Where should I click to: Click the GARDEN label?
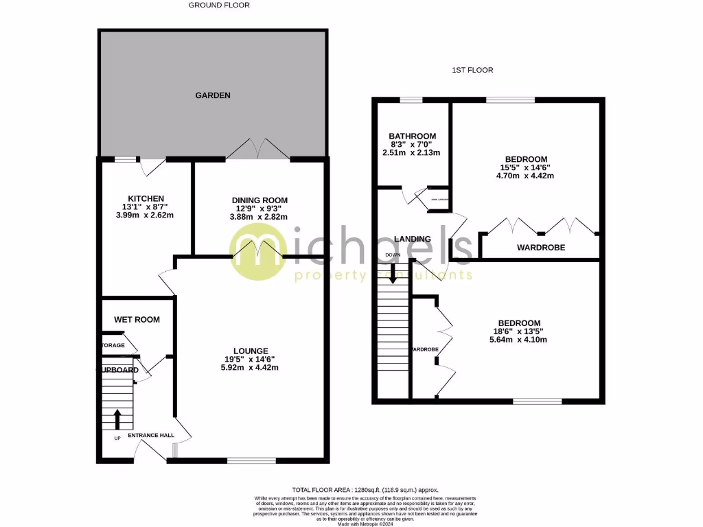pos(212,95)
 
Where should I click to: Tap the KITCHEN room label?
pos(145,198)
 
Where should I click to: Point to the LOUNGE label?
pos(245,350)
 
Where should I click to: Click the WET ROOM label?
pos(137,319)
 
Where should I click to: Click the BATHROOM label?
pos(412,136)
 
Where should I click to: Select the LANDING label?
pos(413,239)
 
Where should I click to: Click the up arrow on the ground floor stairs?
pos(117,417)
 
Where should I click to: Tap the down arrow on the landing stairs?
pos(393,276)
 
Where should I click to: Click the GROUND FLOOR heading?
pos(219,5)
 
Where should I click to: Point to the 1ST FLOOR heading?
pos(472,70)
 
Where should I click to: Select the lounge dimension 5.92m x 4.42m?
pos(245,367)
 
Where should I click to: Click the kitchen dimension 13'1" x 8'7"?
pos(145,207)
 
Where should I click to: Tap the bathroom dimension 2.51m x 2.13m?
pos(412,153)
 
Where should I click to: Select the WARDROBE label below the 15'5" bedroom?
pos(541,247)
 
